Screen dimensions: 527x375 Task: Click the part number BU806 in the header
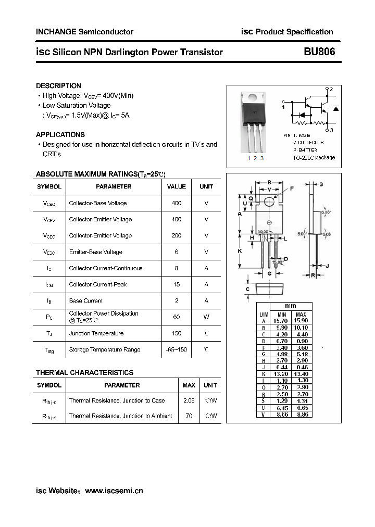tap(319, 52)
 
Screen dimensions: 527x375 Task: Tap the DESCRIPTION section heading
tap(58, 86)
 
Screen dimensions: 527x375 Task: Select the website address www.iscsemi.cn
tap(114, 491)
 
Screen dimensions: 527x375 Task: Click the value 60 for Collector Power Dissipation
tap(177, 317)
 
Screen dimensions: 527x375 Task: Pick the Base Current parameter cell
tap(86, 301)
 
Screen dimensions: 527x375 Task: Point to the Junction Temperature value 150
tap(177, 333)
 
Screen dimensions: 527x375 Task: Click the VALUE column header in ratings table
tap(177, 186)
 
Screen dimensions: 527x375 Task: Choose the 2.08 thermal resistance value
tap(189, 400)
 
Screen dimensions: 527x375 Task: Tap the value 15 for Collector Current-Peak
tap(177, 284)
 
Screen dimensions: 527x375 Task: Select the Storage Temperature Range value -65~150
tap(177, 350)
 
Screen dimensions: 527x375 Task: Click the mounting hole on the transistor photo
tap(252, 97)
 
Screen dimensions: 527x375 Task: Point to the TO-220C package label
tap(314, 157)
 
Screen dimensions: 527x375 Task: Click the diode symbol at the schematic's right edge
tap(336, 108)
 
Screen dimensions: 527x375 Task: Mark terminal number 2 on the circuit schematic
tap(331, 90)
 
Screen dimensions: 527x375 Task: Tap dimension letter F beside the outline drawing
tap(292, 189)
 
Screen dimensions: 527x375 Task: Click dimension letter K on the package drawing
tap(240, 251)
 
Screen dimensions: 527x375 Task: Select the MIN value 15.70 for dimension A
tap(281, 321)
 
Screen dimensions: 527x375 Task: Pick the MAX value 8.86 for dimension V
tap(301, 415)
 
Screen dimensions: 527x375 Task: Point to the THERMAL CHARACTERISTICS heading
tap(84, 373)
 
